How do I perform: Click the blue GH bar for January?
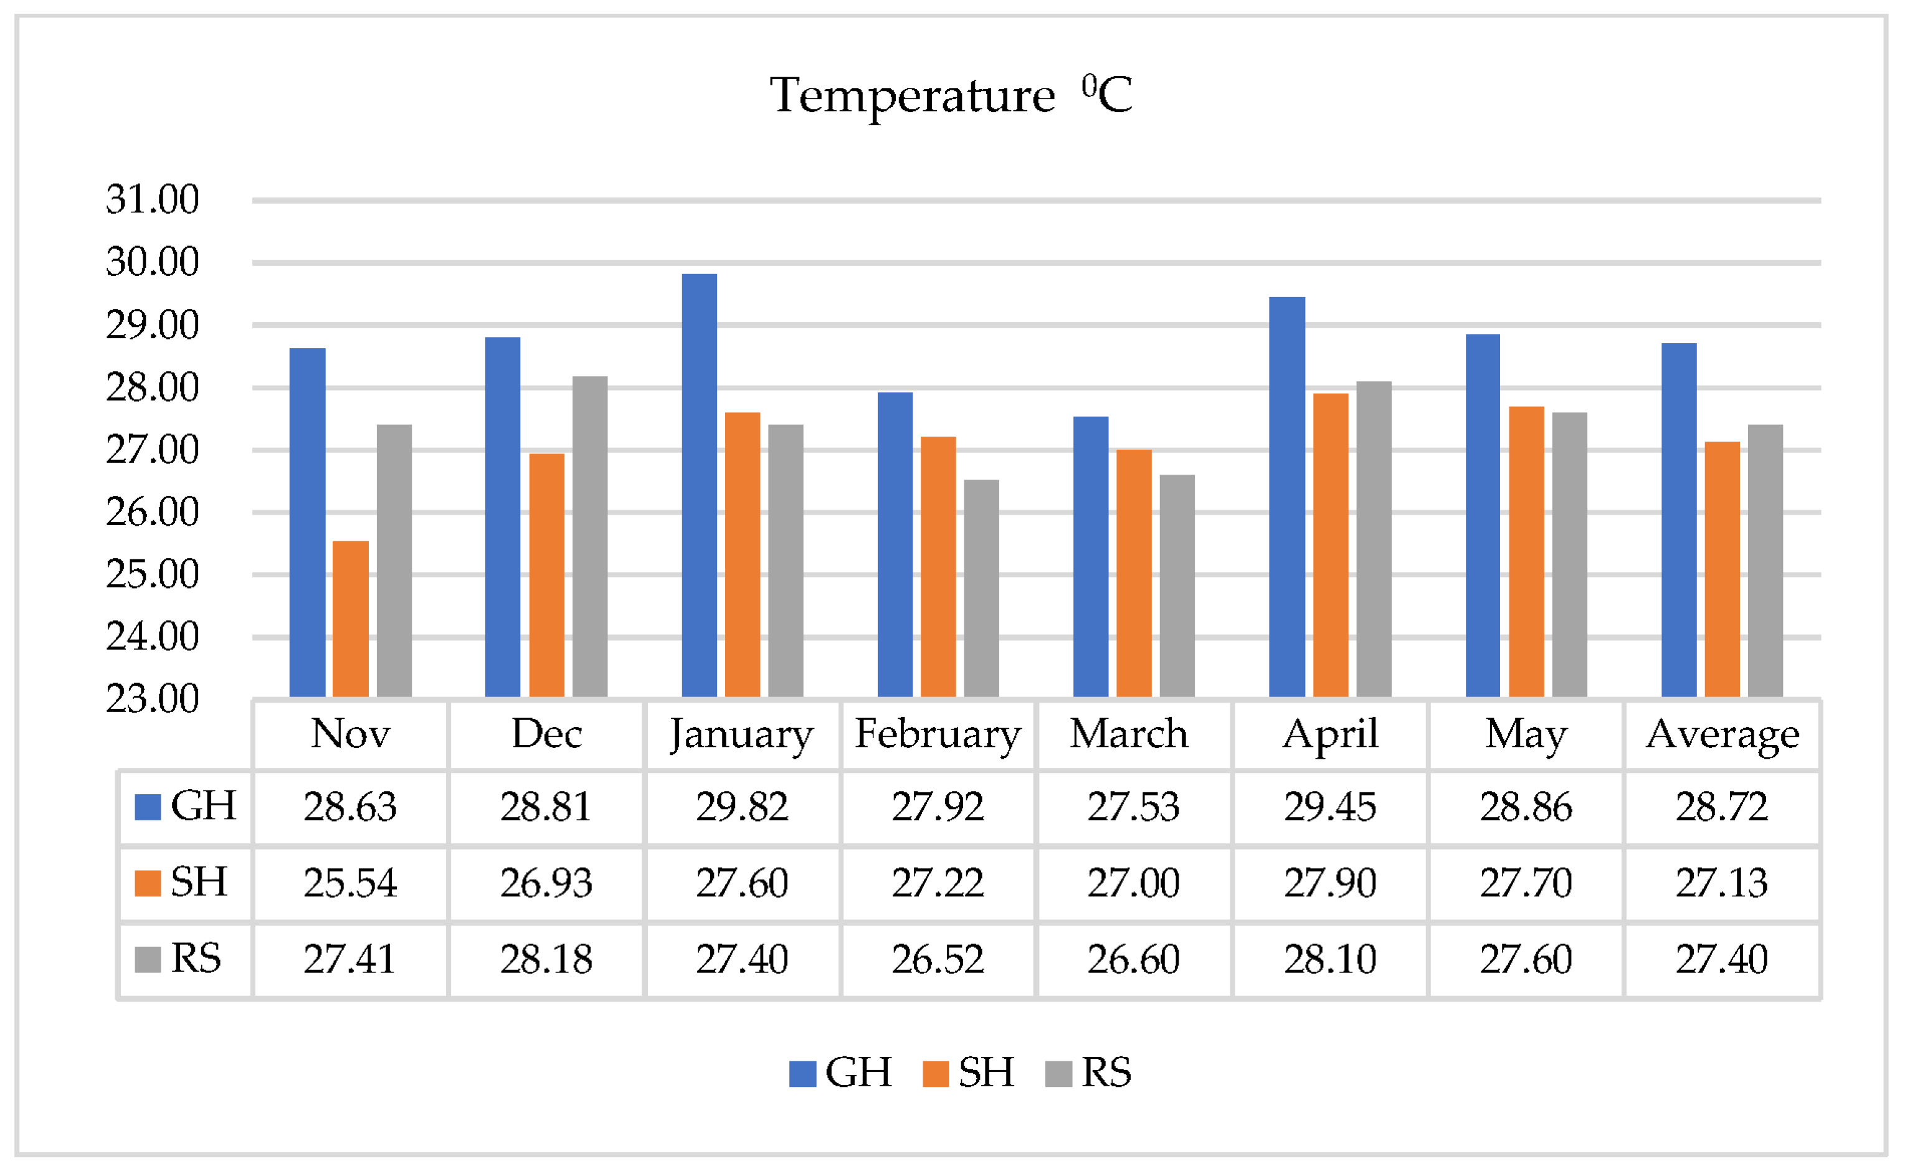pyautogui.click(x=699, y=486)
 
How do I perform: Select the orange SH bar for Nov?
pyautogui.click(x=351, y=619)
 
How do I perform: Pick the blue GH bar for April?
pyautogui.click(x=1287, y=498)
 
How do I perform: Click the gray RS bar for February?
pyautogui.click(x=981, y=589)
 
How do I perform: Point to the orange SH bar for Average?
pyautogui.click(x=1722, y=569)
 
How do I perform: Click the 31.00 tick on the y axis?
pyautogui.click(x=153, y=200)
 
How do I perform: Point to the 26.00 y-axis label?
pyautogui.click(x=153, y=513)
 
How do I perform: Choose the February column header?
pyautogui.click(x=938, y=734)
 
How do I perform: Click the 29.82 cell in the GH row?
pyautogui.click(x=742, y=807)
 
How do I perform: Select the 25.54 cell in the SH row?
pyautogui.click(x=350, y=883)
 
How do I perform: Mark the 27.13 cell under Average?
pyautogui.click(x=1722, y=883)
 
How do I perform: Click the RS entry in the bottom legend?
pyautogui.click(x=1090, y=1073)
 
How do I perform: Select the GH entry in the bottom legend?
pyautogui.click(x=842, y=1073)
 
